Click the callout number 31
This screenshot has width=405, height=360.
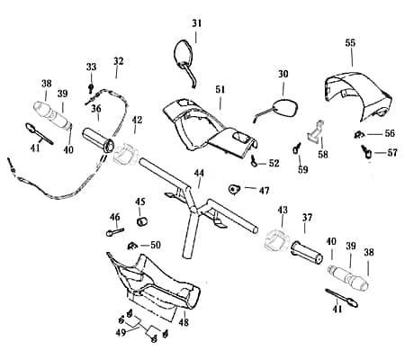tap(197, 23)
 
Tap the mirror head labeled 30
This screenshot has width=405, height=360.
tap(285, 108)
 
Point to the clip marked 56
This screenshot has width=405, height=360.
tap(358, 135)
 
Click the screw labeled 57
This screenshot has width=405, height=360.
tap(366, 152)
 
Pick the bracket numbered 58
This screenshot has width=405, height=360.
tap(316, 131)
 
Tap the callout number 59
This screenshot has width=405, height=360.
tap(303, 169)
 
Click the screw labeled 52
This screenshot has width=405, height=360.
tap(254, 161)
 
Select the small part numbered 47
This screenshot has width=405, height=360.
tap(234, 189)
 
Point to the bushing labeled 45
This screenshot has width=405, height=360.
tap(142, 221)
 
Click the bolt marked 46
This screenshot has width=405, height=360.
tap(115, 231)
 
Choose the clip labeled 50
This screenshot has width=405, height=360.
tap(131, 246)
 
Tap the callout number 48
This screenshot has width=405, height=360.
tap(184, 322)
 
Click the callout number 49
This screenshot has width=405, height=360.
tap(121, 332)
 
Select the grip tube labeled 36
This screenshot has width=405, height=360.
tap(99, 140)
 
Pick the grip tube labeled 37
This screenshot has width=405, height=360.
tap(307, 253)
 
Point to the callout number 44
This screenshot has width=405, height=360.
tap(199, 173)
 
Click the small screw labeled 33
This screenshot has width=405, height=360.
tap(90, 88)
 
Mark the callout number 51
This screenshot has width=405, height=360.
tap(220, 90)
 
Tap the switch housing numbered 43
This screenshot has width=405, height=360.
tap(276, 239)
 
